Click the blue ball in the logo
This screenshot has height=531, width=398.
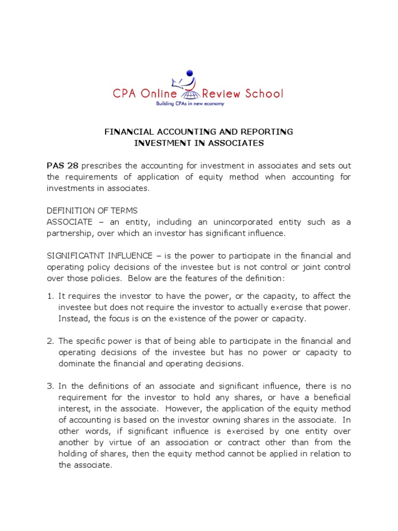coord(190,73)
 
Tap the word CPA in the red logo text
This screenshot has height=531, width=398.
coord(126,94)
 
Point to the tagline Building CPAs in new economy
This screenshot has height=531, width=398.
coord(198,104)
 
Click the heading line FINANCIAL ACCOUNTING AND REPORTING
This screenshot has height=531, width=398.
coord(199,132)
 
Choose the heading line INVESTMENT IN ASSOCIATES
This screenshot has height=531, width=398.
coord(199,143)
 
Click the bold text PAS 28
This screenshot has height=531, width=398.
coord(62,166)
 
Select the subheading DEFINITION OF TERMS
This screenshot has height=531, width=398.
coord(93,211)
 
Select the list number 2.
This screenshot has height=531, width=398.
coord(50,341)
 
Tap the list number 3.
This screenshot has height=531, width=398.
coord(50,386)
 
